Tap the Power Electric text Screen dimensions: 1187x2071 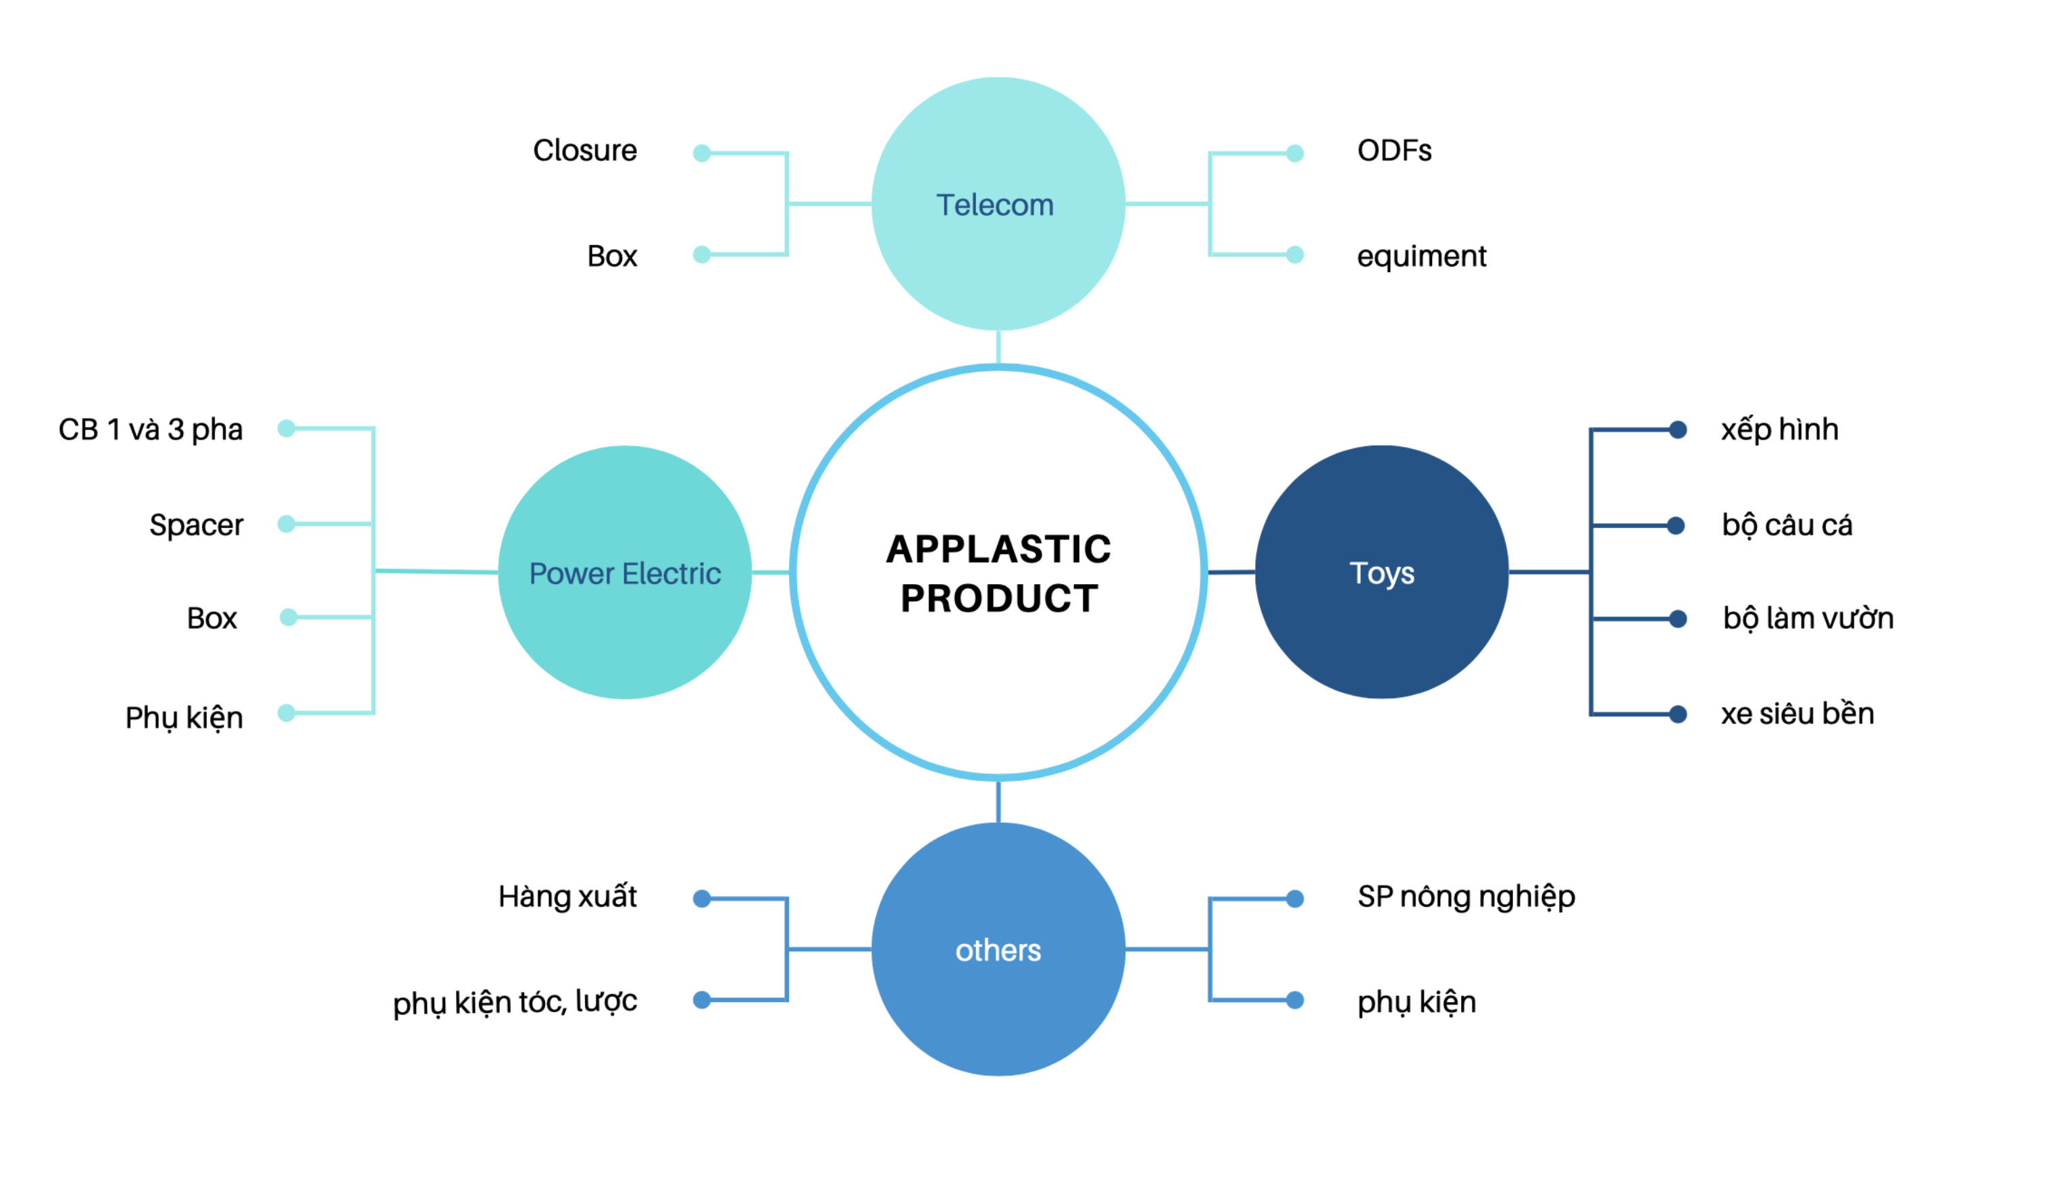[625, 573]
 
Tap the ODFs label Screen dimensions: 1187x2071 [1394, 151]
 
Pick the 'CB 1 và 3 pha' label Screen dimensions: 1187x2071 [151, 429]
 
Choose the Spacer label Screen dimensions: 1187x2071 [196, 525]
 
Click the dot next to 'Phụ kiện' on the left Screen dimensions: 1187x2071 [286, 713]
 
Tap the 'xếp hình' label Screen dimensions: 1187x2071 [1779, 429]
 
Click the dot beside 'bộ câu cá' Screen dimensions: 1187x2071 [1676, 526]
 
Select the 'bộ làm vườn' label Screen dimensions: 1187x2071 [1808, 618]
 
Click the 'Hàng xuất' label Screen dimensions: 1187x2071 [567, 897]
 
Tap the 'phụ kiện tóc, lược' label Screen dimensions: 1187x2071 [515, 1001]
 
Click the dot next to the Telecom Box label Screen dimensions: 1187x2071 [701, 255]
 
